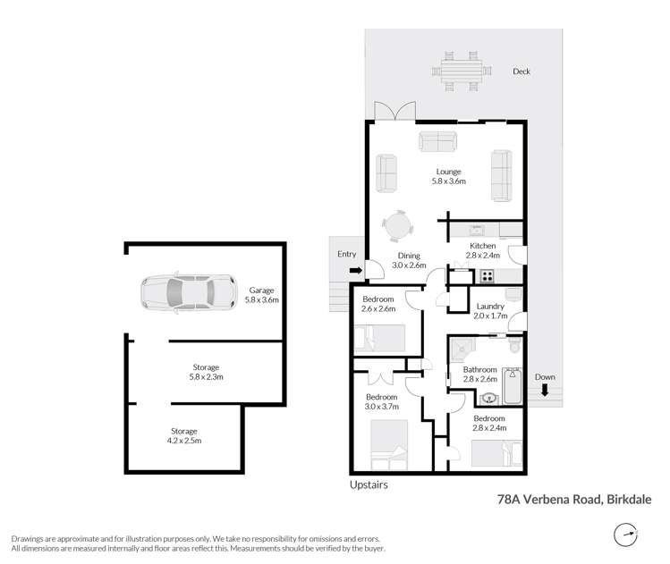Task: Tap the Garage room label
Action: [x=262, y=290]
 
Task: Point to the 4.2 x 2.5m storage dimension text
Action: [x=185, y=441]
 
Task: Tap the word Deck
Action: [x=522, y=72]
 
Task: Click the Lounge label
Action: [x=448, y=171]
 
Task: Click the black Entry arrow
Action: [x=355, y=270]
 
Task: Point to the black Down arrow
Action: [x=545, y=389]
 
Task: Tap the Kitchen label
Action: [x=483, y=246]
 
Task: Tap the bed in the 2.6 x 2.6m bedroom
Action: [x=380, y=339]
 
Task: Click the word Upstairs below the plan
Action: [x=369, y=484]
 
